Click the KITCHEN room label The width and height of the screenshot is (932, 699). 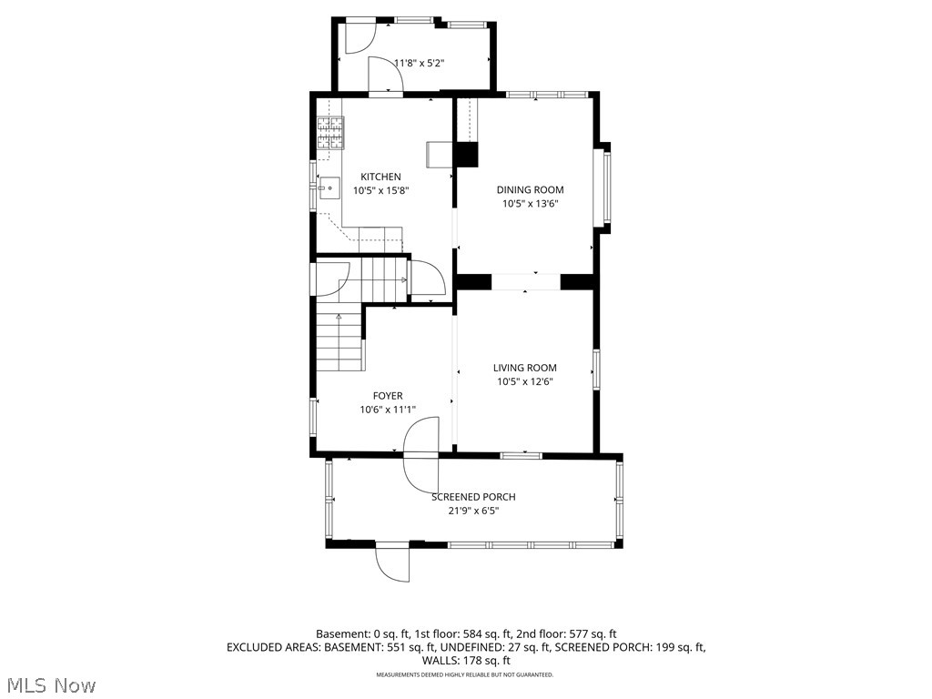(380, 177)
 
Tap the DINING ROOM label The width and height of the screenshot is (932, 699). (530, 190)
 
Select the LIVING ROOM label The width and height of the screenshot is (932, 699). (525, 369)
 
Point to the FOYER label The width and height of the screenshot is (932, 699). (387, 396)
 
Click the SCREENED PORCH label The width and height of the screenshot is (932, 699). (473, 497)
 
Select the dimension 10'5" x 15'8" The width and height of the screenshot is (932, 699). (380, 191)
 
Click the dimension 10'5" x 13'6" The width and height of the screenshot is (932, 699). (530, 204)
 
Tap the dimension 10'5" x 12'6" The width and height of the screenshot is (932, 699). (525, 382)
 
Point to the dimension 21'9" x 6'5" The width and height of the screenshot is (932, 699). (473, 511)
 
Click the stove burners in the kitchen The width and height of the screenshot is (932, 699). (329, 133)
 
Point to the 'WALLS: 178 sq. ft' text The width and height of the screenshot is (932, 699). (465, 661)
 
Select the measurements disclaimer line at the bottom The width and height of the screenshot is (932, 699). (465, 675)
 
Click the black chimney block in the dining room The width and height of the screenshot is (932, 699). (466, 155)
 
